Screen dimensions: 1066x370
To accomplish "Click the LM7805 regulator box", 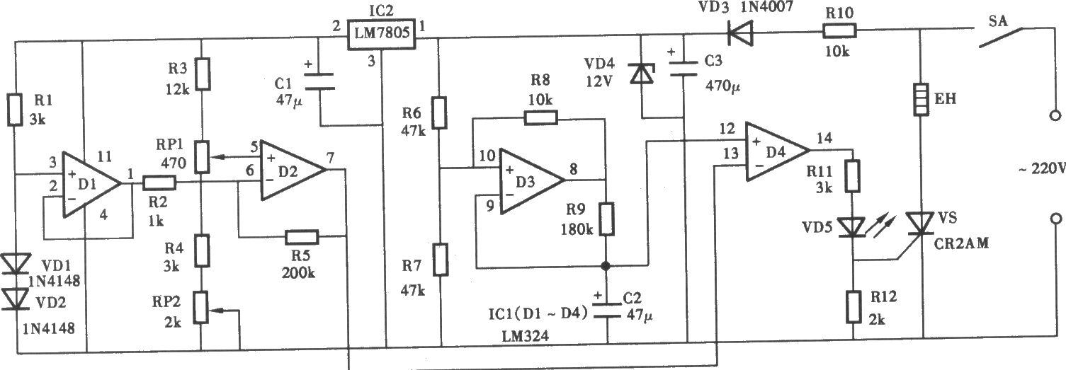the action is tap(381, 34).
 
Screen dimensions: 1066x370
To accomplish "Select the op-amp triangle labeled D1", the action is tap(92, 185).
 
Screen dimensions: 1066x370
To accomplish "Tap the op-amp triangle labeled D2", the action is tap(293, 170).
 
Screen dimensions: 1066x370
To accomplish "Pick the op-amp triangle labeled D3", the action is tap(531, 180).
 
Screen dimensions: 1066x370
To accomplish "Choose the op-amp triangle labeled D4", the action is tap(777, 151).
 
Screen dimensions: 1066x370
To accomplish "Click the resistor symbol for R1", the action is tap(15, 110).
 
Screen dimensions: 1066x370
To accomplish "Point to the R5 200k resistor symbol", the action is tap(302, 237).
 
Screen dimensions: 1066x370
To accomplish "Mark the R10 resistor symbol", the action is tap(839, 31).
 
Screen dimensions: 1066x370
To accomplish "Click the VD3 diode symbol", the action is tap(740, 33).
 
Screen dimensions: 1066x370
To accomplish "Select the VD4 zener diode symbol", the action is tap(642, 74).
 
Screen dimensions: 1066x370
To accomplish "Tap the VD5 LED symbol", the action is tap(853, 227).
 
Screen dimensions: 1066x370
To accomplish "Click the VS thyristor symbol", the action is tap(921, 224).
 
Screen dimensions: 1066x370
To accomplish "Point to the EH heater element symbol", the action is tap(921, 99).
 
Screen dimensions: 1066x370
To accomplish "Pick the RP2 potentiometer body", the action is tap(201, 308).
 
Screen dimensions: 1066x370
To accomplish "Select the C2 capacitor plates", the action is tap(606, 310).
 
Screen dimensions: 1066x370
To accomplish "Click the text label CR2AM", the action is tap(961, 243).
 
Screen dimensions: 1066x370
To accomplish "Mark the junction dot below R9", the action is tap(606, 265).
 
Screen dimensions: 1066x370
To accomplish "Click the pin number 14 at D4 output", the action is tap(824, 138).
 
